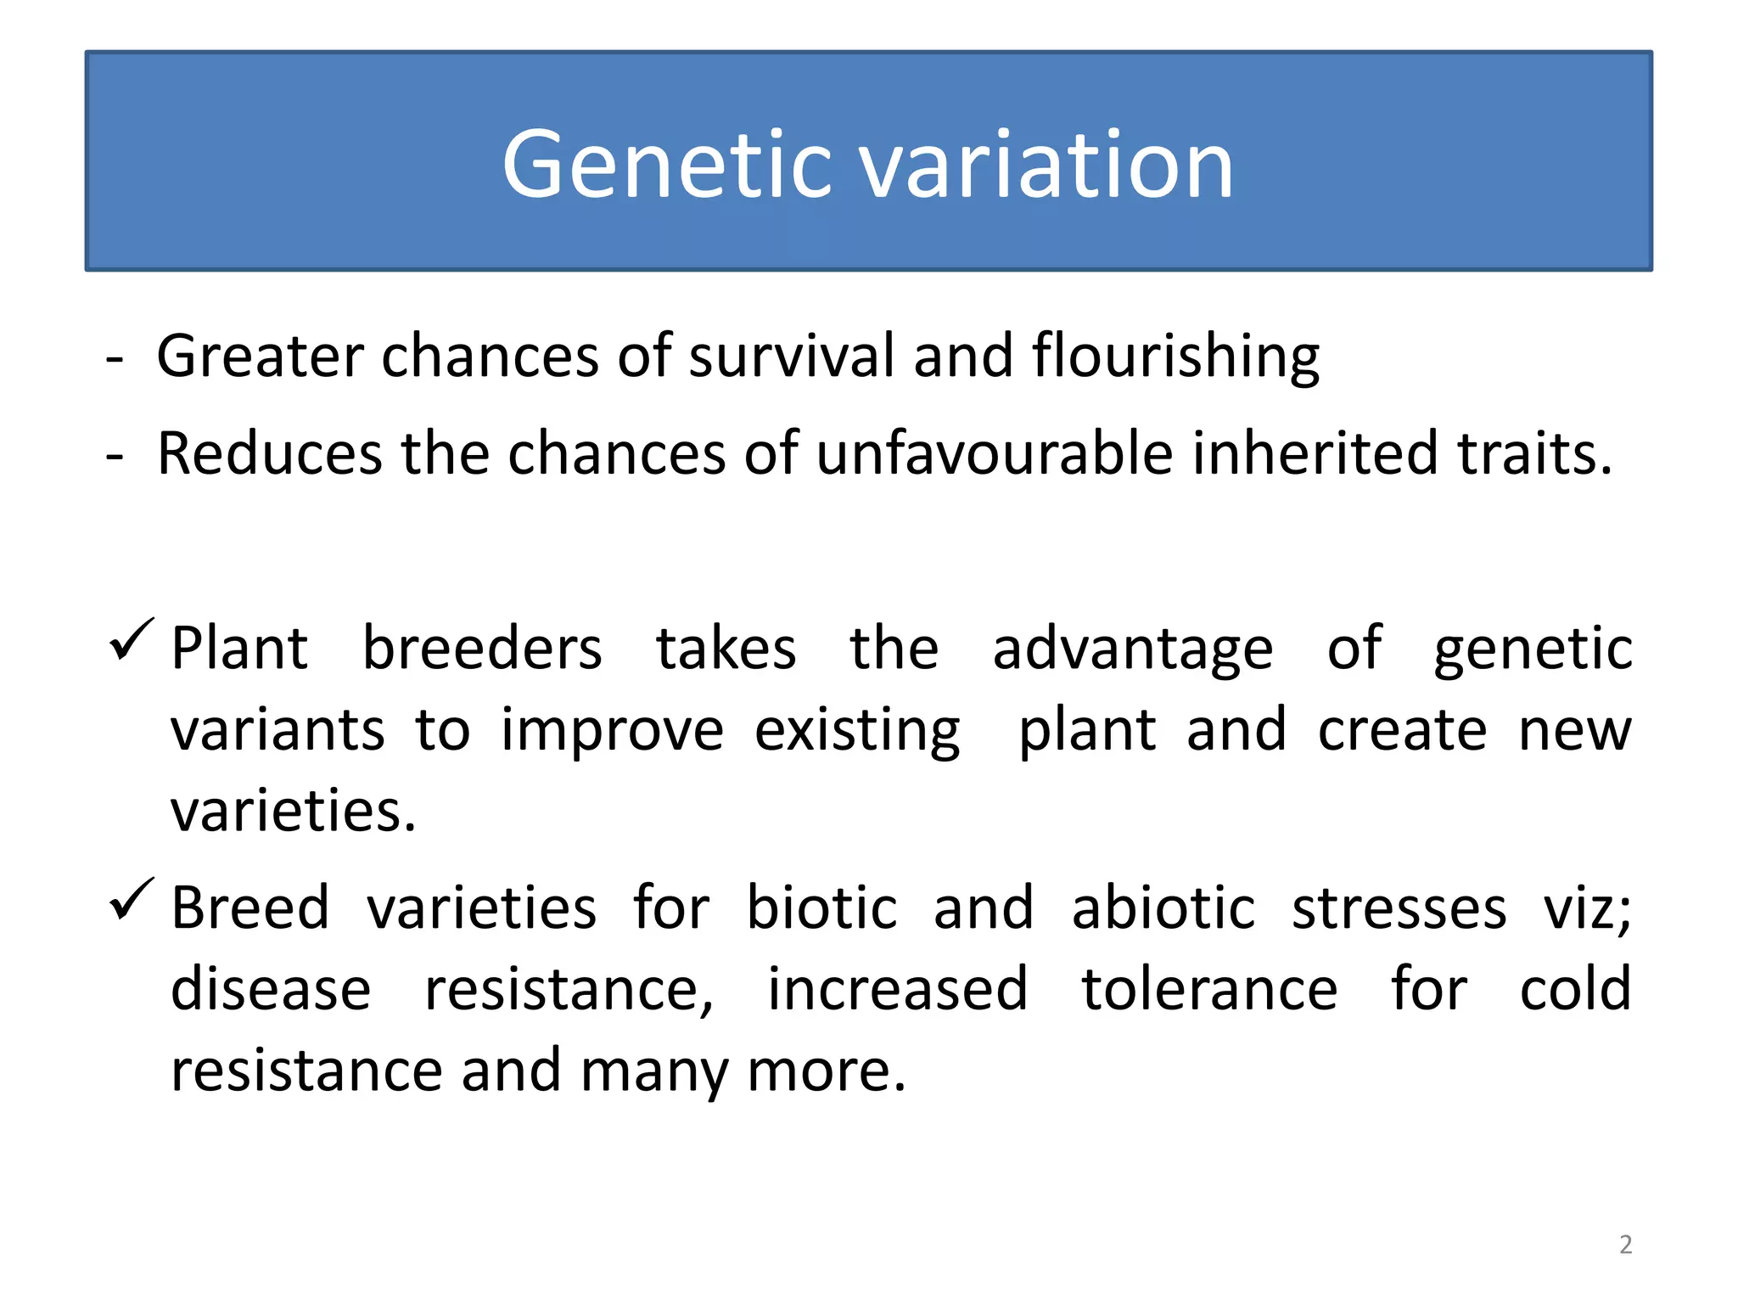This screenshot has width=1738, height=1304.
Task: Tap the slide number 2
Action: [1625, 1245]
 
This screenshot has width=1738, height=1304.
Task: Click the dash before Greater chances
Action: [115, 360]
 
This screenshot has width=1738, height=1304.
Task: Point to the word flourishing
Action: [1175, 357]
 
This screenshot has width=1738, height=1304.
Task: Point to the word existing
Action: [857, 732]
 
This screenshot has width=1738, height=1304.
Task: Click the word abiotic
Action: [1163, 908]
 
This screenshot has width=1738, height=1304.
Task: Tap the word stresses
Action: [1399, 909]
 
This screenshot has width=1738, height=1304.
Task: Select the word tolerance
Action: [1209, 989]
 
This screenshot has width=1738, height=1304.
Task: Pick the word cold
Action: [1575, 989]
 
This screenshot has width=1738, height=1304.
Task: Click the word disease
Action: [271, 989]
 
